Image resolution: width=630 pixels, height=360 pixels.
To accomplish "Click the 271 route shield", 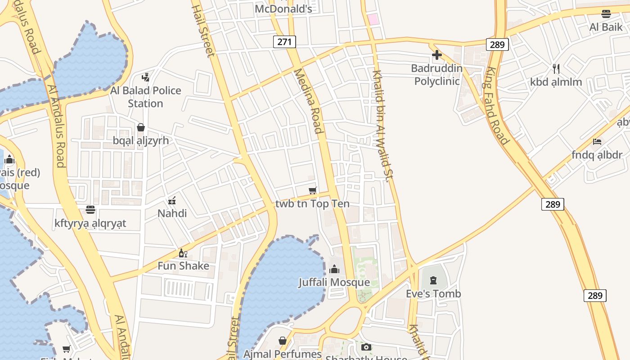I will [284, 42].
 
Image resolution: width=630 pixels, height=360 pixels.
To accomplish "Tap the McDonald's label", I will [283, 9].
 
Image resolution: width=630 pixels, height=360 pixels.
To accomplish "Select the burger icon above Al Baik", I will [606, 14].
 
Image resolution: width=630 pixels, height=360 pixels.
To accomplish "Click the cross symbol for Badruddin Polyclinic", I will [436, 55].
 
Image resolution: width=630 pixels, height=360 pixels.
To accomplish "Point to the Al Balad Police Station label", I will [145, 97].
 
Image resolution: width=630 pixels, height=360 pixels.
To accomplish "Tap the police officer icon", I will [145, 77].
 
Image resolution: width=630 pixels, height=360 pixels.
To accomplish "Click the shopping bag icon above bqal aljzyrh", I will [141, 127].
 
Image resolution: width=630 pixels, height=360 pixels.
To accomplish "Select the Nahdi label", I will [172, 213].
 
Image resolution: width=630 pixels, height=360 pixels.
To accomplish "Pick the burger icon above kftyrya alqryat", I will [90, 210].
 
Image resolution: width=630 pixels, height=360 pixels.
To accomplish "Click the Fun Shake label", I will [183, 265].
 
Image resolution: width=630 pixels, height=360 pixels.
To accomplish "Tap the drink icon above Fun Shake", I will [183, 253].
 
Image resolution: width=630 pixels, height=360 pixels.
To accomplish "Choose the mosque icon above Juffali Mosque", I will [334, 270].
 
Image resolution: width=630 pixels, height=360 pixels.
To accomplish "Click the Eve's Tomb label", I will [433, 294].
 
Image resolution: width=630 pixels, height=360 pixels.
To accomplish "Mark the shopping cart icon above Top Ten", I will [313, 191].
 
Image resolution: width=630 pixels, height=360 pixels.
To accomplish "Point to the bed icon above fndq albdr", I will [597, 142].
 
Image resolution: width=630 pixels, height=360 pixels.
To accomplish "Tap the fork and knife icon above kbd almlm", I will [556, 69].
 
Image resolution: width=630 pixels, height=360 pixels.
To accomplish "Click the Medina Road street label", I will [309, 101].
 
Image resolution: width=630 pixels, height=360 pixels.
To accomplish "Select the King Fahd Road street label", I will [497, 106].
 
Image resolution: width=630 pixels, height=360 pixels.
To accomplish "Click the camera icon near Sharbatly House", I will [366, 347].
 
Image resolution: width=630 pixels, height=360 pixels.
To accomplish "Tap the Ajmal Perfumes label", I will [283, 354].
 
